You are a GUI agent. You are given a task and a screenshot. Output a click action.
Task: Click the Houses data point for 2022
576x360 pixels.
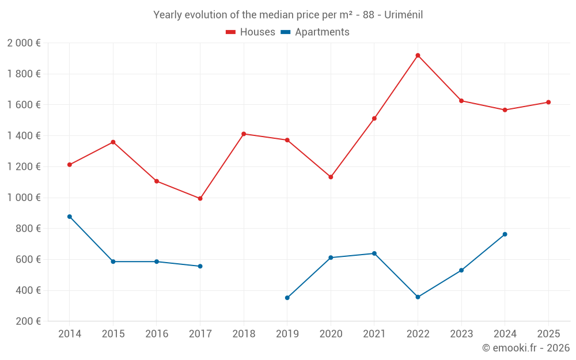pyautogui.click(x=418, y=55)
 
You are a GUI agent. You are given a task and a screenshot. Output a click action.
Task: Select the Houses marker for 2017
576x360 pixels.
pyautogui.click(x=200, y=198)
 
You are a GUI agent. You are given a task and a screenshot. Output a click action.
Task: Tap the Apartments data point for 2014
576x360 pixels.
pyautogui.click(x=70, y=217)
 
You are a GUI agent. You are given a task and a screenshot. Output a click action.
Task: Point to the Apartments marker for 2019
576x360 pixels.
pyautogui.click(x=287, y=298)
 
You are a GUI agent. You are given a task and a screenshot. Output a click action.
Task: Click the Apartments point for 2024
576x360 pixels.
pyautogui.click(x=505, y=234)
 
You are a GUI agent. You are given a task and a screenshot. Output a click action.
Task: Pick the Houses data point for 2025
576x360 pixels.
pyautogui.click(x=548, y=102)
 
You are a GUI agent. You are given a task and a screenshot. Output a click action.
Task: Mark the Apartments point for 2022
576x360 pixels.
pyautogui.click(x=418, y=297)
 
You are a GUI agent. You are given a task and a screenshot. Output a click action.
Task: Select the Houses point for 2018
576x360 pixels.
pyautogui.click(x=244, y=134)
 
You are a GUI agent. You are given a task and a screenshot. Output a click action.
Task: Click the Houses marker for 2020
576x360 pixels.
pyautogui.click(x=331, y=177)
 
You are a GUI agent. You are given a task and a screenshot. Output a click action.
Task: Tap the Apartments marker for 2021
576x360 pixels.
pyautogui.click(x=374, y=253)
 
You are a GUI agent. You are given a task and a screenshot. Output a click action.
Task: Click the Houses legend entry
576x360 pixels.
pyautogui.click(x=251, y=32)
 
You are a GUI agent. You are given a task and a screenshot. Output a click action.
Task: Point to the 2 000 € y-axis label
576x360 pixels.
pyautogui.click(x=24, y=43)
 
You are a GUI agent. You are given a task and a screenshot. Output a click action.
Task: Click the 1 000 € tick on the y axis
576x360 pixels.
pyautogui.click(x=24, y=198)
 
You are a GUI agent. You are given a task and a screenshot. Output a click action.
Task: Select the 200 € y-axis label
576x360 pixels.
pyautogui.click(x=28, y=321)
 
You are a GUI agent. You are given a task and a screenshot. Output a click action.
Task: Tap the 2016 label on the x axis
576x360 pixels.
pyautogui.click(x=157, y=334)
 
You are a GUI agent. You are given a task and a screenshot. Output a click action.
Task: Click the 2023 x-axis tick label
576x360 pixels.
pyautogui.click(x=461, y=334)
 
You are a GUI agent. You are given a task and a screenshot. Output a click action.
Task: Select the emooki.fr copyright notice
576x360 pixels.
pyautogui.click(x=526, y=348)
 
